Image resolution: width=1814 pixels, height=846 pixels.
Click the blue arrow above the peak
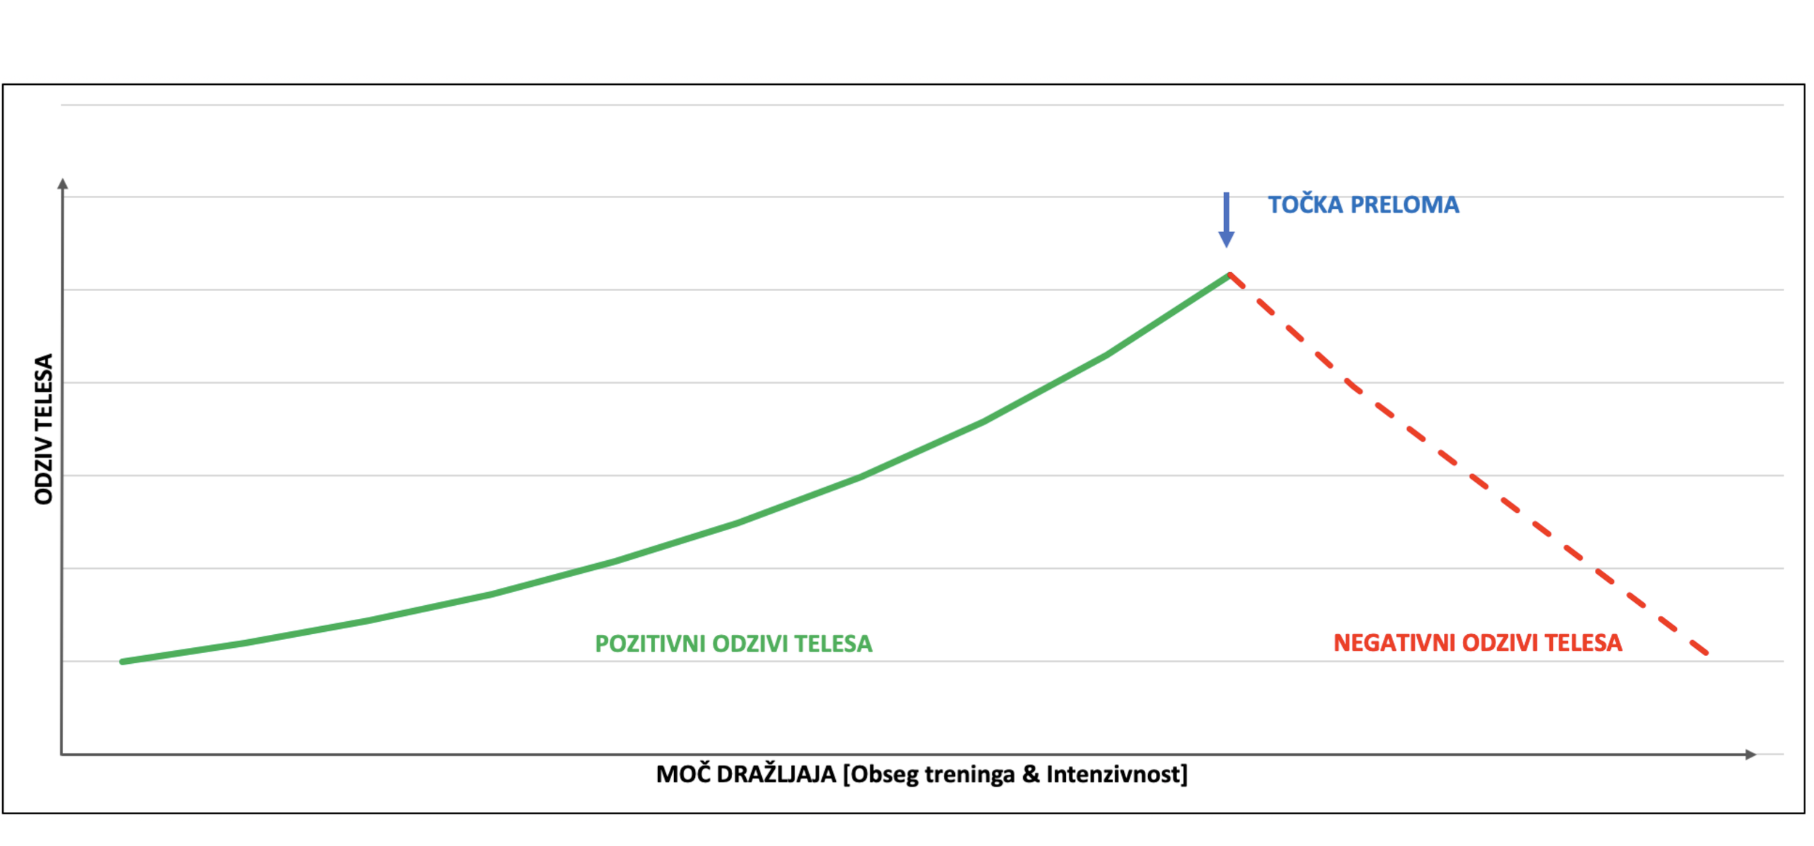click(1226, 219)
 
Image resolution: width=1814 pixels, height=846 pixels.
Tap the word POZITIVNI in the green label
click(649, 644)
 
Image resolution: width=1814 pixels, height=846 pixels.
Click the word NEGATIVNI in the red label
click(1394, 644)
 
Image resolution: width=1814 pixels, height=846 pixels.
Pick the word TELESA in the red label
click(1583, 644)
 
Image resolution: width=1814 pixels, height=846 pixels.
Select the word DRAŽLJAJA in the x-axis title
click(776, 775)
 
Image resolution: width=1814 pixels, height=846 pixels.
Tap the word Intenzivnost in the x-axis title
click(1117, 775)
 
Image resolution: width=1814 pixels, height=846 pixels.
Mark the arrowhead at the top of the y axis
click(63, 184)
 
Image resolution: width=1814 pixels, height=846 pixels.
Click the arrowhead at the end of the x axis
click(1751, 755)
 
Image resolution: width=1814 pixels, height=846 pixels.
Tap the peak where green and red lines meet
click(1230, 275)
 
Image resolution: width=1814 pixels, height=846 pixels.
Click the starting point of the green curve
click(123, 662)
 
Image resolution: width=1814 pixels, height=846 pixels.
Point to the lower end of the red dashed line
click(1706, 652)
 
